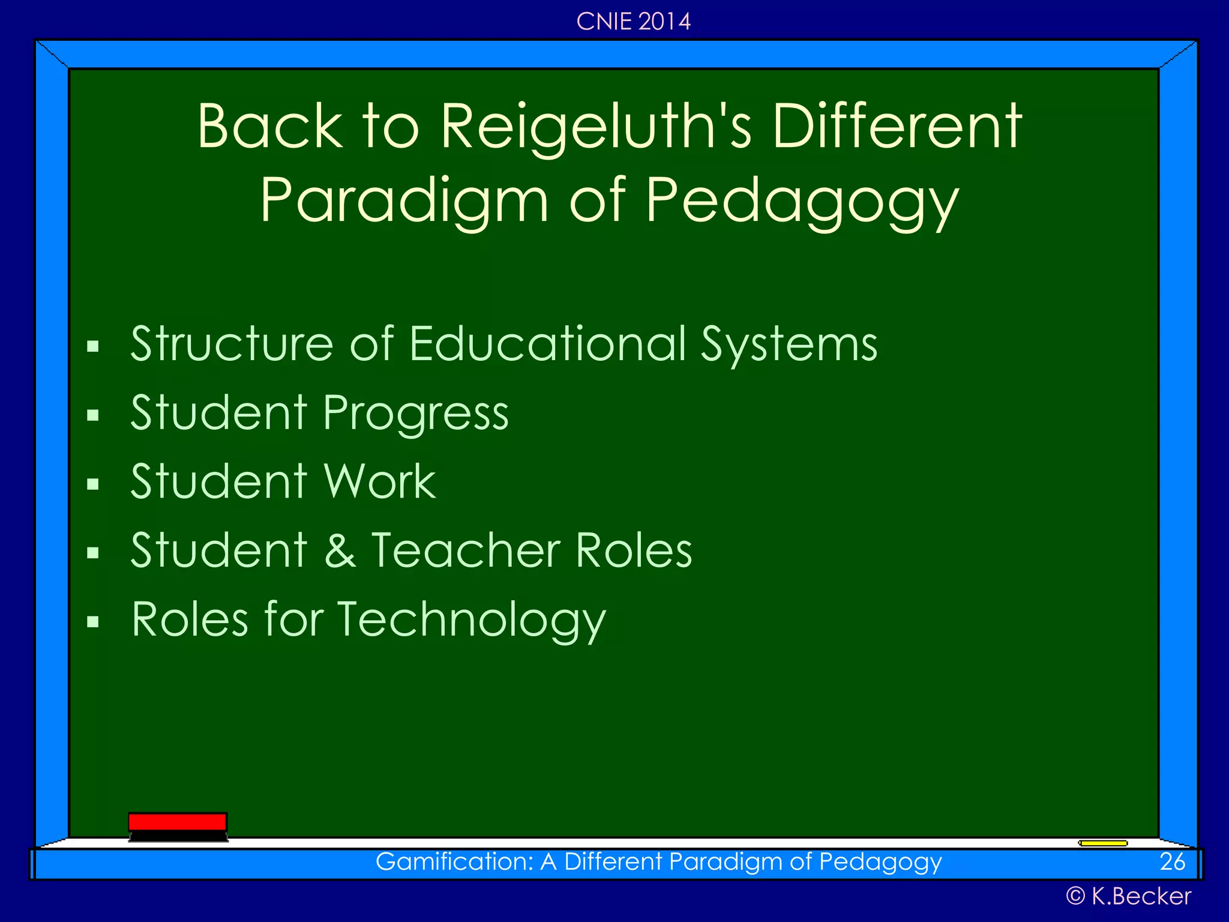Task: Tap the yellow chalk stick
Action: [1103, 843]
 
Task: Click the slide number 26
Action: [1172, 862]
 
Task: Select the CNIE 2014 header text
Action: [633, 22]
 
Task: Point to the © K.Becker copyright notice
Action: [1128, 896]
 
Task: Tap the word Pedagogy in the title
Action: [802, 202]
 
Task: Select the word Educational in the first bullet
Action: [548, 344]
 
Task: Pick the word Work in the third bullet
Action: [380, 481]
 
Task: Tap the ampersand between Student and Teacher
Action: [340, 551]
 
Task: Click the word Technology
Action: [472, 621]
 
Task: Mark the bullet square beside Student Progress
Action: [92, 415]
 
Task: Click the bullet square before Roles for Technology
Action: [92, 622]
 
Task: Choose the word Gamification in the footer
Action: [454, 862]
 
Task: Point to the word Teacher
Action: [466, 550]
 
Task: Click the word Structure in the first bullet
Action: [232, 344]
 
